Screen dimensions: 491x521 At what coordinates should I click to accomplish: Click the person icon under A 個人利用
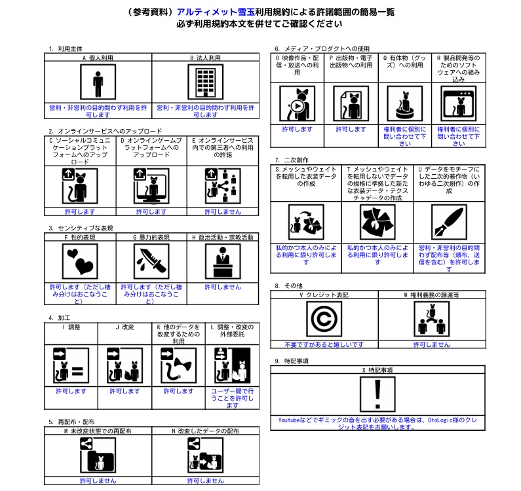pyautogui.click(x=98, y=84)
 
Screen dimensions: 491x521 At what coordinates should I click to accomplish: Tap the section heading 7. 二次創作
pyautogui.click(x=292, y=160)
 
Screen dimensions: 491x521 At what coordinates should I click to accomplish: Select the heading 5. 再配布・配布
pyautogui.click(x=71, y=422)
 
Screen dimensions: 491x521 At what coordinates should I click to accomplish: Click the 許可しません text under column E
pyautogui.click(x=223, y=211)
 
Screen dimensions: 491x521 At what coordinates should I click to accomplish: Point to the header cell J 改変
pyautogui.click(x=125, y=327)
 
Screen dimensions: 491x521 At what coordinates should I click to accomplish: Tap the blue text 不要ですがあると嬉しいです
pyautogui.click(x=324, y=344)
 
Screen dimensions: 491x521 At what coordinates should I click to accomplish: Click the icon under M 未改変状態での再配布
pyautogui.click(x=98, y=456)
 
